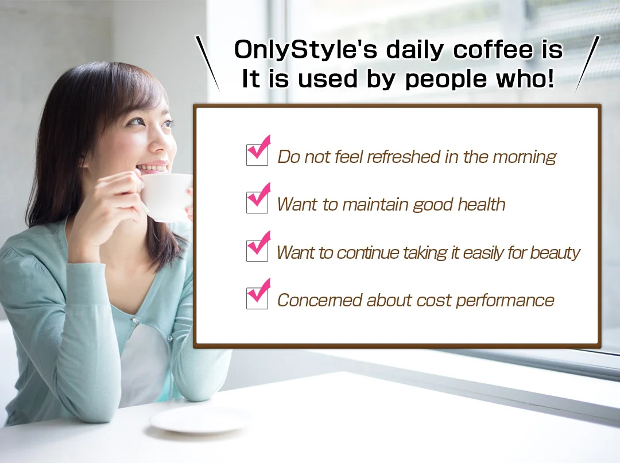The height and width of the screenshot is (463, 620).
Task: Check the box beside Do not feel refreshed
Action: click(x=257, y=155)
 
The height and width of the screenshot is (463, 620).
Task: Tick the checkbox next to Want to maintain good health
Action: click(x=257, y=203)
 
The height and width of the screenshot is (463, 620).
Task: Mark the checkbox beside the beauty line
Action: click(x=257, y=251)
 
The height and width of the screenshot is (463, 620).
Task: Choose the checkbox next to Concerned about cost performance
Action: click(x=257, y=298)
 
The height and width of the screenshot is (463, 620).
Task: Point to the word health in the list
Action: click(x=481, y=205)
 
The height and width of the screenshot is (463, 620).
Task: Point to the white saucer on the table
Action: click(x=198, y=421)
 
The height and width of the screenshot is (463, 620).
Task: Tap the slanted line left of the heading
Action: click(x=208, y=63)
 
